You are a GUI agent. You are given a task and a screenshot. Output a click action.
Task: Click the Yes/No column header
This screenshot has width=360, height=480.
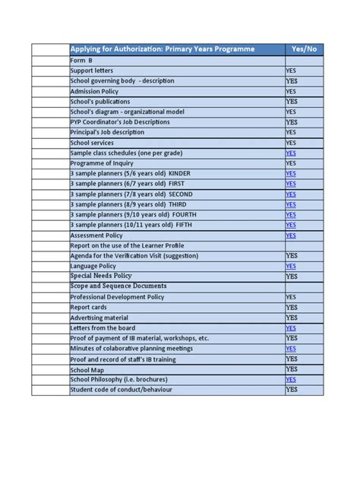pyautogui.click(x=304, y=49)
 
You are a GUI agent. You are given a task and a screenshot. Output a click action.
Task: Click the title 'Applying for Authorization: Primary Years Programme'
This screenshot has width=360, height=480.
pyautogui.click(x=163, y=49)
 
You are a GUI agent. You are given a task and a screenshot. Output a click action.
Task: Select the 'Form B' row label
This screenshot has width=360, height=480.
pyautogui.click(x=81, y=60)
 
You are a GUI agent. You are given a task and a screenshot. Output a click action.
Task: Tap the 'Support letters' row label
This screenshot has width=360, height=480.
pyautogui.click(x=91, y=71)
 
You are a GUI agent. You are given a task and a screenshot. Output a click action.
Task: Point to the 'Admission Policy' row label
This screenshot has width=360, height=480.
pyautogui.click(x=95, y=91)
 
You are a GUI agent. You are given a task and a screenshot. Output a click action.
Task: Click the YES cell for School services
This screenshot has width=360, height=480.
pyautogui.click(x=292, y=143)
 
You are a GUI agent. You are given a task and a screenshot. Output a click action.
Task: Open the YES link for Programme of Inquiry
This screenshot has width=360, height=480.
pyautogui.click(x=291, y=163)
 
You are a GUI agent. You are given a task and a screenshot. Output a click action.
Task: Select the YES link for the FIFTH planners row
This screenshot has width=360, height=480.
pyautogui.click(x=291, y=225)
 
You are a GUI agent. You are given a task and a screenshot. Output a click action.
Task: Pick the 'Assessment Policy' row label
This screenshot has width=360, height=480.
pyautogui.click(x=96, y=235)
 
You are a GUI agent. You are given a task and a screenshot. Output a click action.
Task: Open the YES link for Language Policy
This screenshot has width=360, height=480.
pyautogui.click(x=291, y=267)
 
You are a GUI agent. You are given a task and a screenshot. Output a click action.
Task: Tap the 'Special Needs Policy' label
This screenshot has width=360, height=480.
pyautogui.click(x=101, y=276)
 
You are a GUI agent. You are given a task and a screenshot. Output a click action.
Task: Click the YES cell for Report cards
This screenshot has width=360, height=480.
pyautogui.click(x=292, y=308)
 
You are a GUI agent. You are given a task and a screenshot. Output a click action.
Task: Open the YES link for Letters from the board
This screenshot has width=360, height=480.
pyautogui.click(x=291, y=328)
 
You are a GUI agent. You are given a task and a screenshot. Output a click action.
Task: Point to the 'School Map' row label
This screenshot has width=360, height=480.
pyautogui.click(x=87, y=369)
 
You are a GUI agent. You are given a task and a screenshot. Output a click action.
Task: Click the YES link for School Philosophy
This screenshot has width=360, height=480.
pyautogui.click(x=291, y=379)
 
